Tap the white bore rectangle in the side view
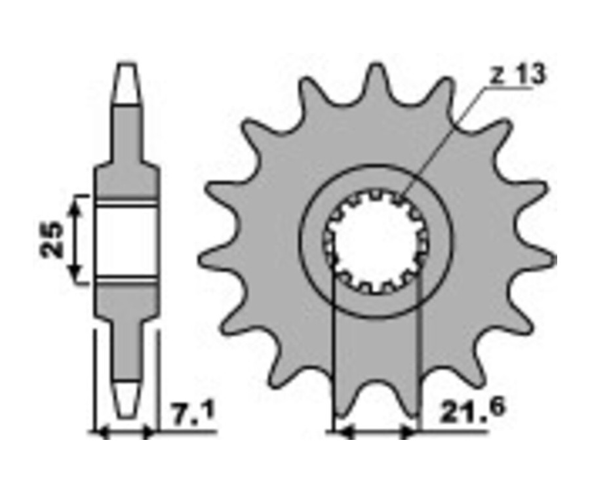coord(127,240)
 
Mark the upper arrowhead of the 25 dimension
coord(77,203)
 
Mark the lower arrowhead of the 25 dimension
coord(77,277)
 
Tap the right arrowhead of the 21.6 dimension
coord(410,433)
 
